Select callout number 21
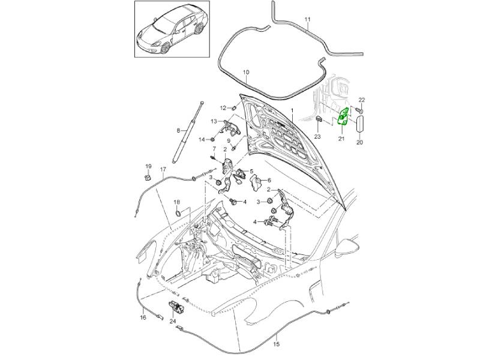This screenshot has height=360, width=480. point(340,139)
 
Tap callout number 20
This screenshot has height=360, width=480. point(360,142)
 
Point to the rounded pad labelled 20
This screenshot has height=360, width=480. point(361,124)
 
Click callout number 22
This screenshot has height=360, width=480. point(361,100)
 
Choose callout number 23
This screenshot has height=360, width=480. point(317,137)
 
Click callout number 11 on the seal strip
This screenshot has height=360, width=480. point(307,20)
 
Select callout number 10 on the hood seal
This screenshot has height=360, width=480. point(245,73)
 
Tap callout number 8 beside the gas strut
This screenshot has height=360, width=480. point(178,130)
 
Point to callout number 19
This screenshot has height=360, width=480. point(148,166)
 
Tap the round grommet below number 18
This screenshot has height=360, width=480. point(178,214)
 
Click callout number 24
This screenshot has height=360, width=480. point(173,321)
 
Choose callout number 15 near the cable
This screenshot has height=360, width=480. point(276,344)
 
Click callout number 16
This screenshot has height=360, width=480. point(143,317)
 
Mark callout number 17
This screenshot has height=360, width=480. point(162,170)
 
